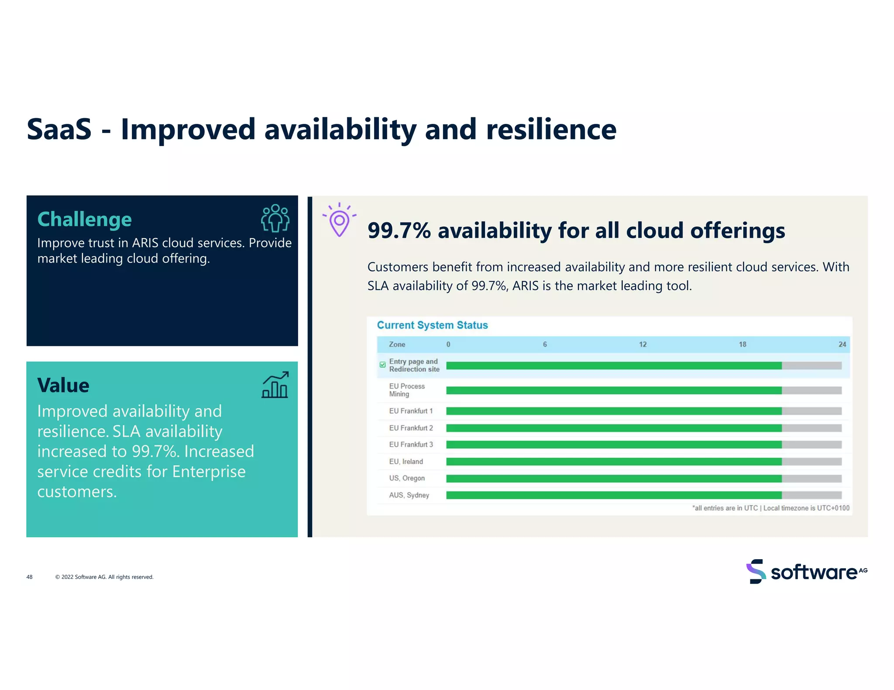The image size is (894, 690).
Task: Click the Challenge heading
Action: [84, 219]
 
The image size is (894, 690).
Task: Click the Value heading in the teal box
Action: [63, 386]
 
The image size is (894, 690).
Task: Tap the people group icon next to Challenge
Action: [275, 218]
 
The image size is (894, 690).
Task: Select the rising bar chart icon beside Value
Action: [275, 385]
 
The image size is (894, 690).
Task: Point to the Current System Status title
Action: [432, 325]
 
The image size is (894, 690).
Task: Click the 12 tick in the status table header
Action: [643, 345]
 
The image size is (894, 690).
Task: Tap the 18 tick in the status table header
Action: [742, 345]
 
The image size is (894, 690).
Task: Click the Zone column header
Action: [397, 345]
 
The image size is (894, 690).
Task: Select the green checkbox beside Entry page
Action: [383, 365]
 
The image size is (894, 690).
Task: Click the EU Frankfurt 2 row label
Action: [411, 428]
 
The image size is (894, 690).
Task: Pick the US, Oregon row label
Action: [407, 478]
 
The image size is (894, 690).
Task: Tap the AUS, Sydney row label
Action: [409, 495]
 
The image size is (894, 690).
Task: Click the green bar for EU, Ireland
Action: [613, 461]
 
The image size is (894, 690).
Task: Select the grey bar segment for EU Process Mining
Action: [811, 390]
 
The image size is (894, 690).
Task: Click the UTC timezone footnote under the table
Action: [770, 508]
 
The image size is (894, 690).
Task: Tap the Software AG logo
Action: [807, 571]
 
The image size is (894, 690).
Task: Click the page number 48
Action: [29, 577]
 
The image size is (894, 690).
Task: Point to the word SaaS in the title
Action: [59, 130]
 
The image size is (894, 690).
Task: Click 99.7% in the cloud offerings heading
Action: [399, 231]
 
